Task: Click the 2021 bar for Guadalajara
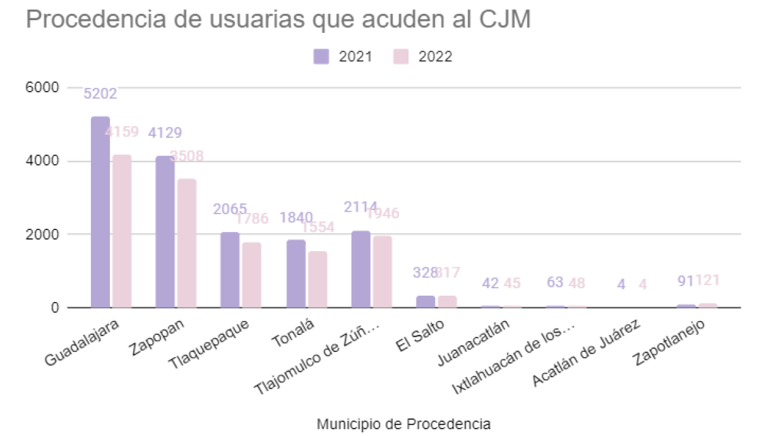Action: [100, 212]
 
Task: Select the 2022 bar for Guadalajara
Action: [122, 231]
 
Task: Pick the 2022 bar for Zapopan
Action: [187, 243]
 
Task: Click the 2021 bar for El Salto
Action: [426, 301]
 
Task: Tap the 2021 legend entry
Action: [345, 56]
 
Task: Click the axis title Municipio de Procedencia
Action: [404, 423]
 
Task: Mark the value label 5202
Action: [100, 94]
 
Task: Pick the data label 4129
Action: [165, 133]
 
